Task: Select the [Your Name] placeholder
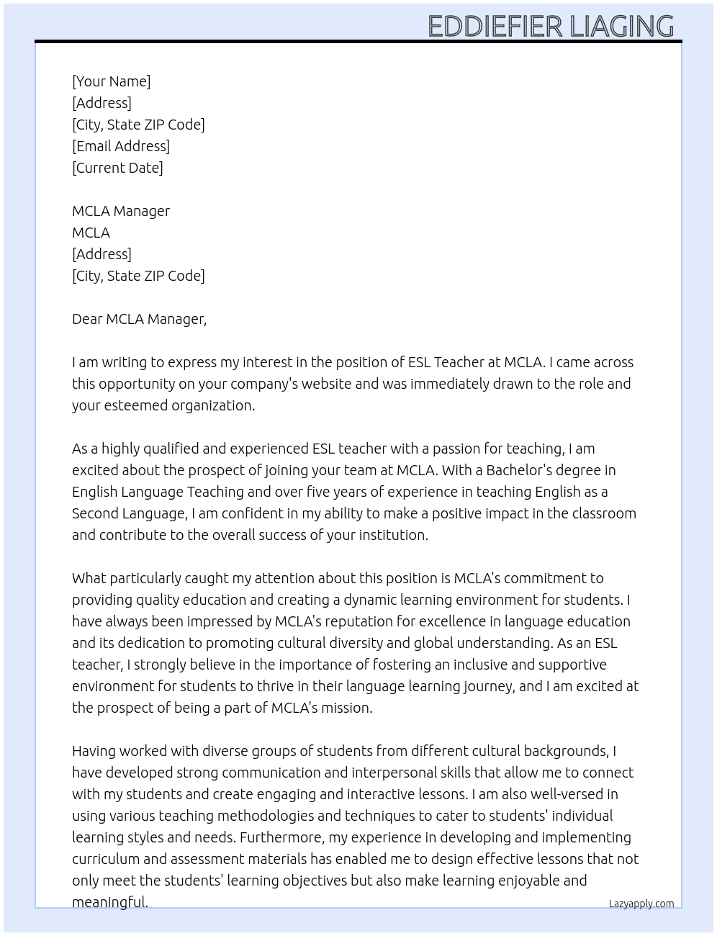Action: pos(111,81)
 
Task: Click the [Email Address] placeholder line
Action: pos(120,146)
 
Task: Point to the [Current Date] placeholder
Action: pos(117,168)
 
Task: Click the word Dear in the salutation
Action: pos(87,319)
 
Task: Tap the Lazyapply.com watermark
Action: pos(641,904)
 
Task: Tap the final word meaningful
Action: pos(109,902)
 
